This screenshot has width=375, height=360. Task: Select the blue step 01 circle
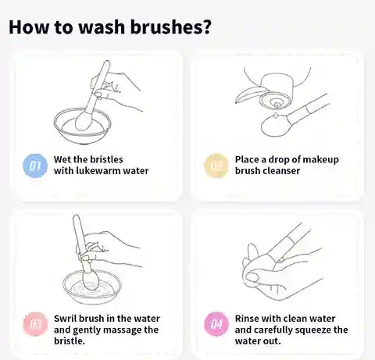click(x=35, y=165)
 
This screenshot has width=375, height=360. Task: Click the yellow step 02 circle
click(x=216, y=165)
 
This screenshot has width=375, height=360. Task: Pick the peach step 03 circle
click(x=35, y=324)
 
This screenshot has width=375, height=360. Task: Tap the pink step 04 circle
click(x=216, y=324)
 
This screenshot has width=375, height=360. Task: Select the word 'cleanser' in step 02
click(x=280, y=171)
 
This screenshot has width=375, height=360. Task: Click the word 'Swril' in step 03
click(x=66, y=319)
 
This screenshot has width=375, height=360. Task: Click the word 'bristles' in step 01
click(x=105, y=159)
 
